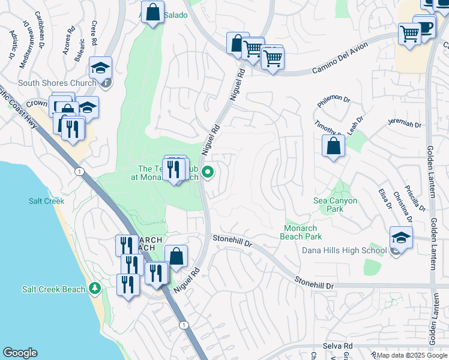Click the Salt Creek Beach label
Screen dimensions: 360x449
(53, 289)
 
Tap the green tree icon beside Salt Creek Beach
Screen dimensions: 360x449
(94, 289)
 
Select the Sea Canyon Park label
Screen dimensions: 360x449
(336, 205)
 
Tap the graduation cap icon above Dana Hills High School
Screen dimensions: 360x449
(401, 237)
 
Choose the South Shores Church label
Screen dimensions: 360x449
(57, 83)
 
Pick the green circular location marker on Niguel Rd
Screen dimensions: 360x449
(208, 173)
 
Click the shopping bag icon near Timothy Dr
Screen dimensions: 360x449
(333, 146)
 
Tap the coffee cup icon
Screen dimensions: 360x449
(425, 28)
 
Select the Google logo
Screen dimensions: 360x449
(20, 353)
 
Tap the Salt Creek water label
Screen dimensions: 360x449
(46, 201)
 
